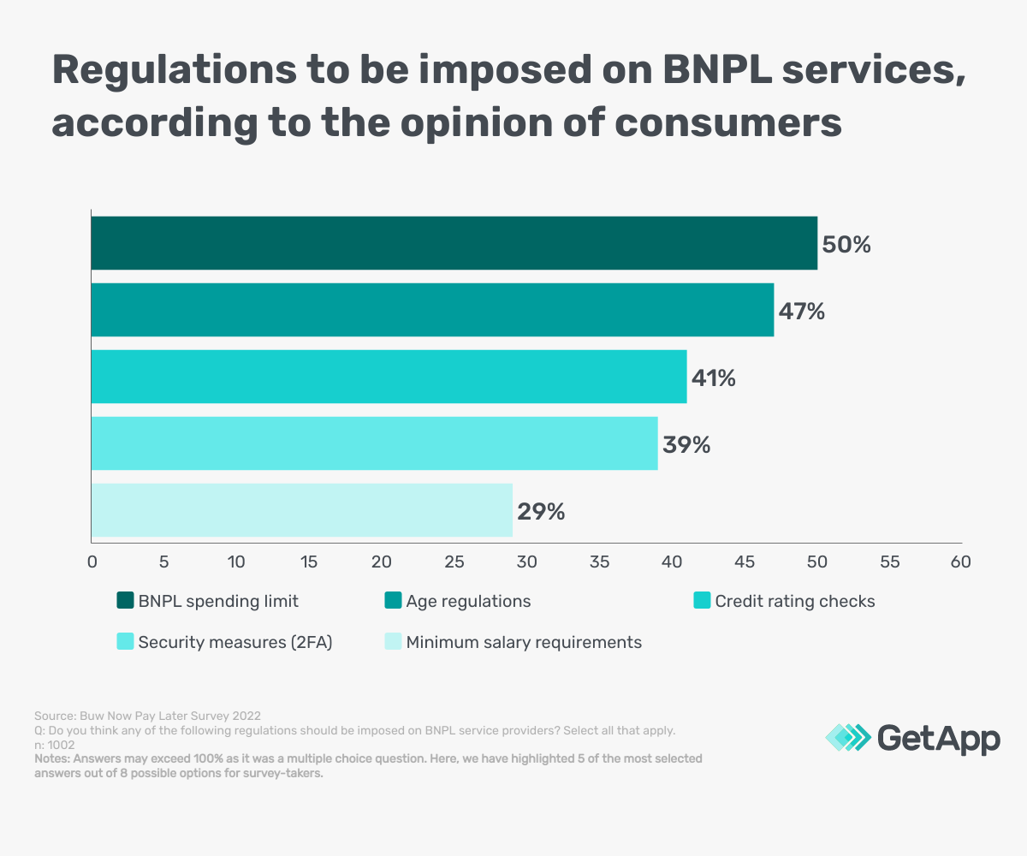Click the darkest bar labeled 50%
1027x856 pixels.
pyautogui.click(x=454, y=243)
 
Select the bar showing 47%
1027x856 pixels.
pyautogui.click(x=433, y=310)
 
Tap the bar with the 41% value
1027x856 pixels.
pyautogui.click(x=389, y=377)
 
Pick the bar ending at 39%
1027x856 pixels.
pyautogui.click(x=375, y=443)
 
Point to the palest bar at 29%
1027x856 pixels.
pyautogui.click(x=302, y=510)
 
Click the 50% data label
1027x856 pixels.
pyautogui.click(x=846, y=245)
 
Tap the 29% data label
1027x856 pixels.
pyautogui.click(x=541, y=512)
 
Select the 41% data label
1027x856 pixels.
pyautogui.click(x=714, y=378)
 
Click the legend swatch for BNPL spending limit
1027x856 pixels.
pyautogui.click(x=126, y=600)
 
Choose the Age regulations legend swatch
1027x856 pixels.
pyautogui.click(x=393, y=600)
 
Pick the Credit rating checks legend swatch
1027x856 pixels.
pyautogui.click(x=702, y=600)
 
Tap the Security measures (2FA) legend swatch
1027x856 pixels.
pyautogui.click(x=126, y=641)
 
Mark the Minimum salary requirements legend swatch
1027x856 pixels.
pyautogui.click(x=393, y=641)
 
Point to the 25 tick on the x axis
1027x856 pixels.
pyautogui.click(x=454, y=562)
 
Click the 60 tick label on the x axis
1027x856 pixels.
pyautogui.click(x=960, y=562)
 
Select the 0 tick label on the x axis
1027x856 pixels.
pyautogui.click(x=92, y=562)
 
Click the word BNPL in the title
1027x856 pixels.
pyautogui.click(x=716, y=70)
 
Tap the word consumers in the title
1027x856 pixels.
pyautogui.click(x=728, y=123)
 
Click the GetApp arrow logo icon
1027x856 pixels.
pyautogui.click(x=848, y=737)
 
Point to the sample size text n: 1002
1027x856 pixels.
pyautogui.click(x=55, y=745)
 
